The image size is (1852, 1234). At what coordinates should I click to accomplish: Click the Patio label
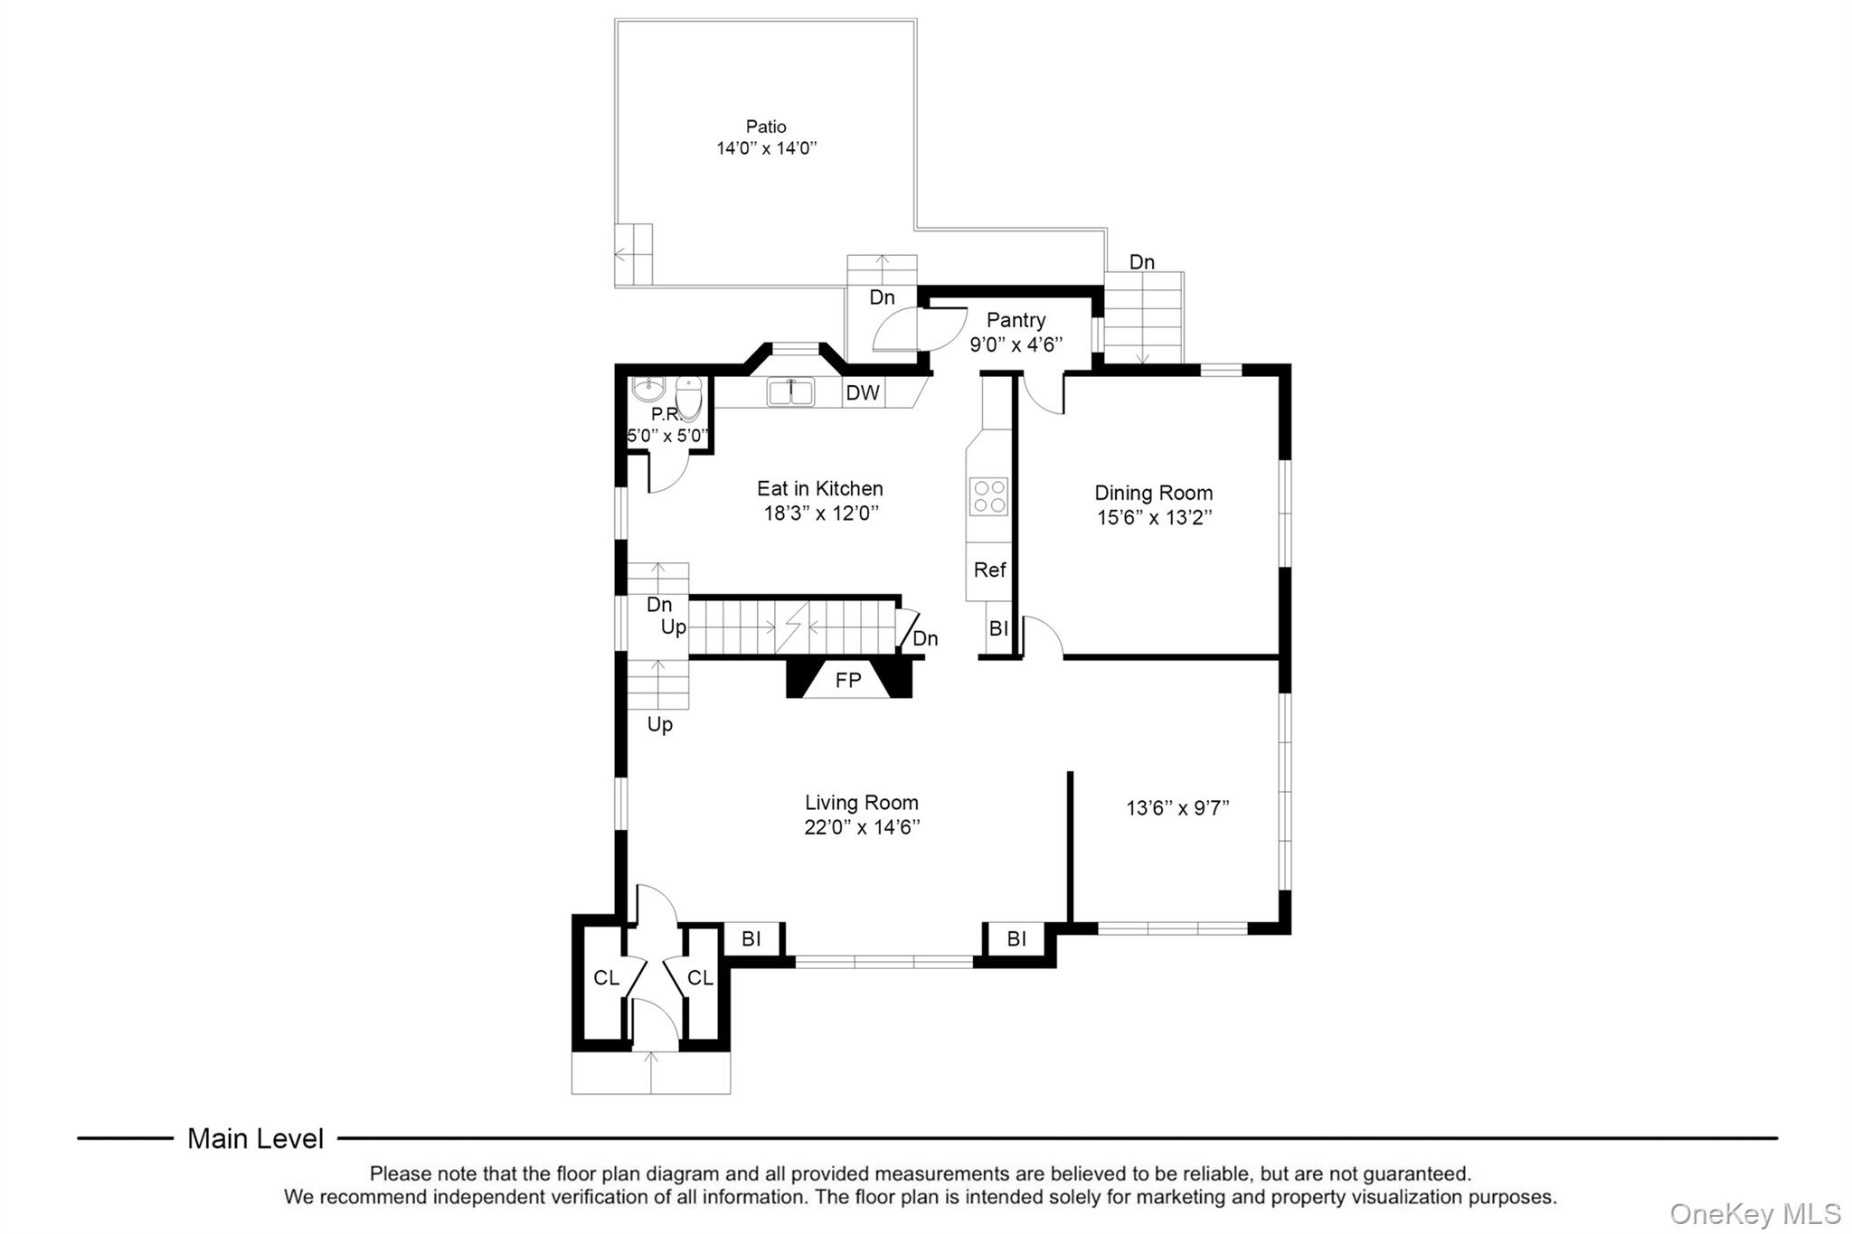click(x=765, y=127)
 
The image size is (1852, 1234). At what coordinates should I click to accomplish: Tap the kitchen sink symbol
click(x=790, y=392)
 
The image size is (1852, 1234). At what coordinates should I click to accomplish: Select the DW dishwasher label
click(x=863, y=393)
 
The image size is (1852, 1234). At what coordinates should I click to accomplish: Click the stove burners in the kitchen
click(x=988, y=496)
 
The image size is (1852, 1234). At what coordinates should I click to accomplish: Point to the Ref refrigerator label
click(x=989, y=570)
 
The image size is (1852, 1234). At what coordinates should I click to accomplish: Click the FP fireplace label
click(x=848, y=681)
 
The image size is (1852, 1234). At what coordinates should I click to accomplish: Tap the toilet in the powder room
click(x=689, y=399)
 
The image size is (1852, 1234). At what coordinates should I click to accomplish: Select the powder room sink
click(x=647, y=390)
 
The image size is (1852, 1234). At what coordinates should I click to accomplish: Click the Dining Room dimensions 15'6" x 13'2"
click(x=1154, y=518)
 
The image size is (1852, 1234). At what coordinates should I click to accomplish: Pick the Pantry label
click(x=1016, y=320)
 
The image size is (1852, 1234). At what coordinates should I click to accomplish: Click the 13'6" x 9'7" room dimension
click(x=1177, y=808)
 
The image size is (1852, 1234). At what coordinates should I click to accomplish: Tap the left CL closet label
click(x=606, y=978)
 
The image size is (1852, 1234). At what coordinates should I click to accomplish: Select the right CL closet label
click(x=700, y=978)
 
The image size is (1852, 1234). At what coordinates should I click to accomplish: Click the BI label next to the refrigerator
click(x=998, y=628)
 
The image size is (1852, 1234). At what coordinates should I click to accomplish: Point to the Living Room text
click(x=861, y=803)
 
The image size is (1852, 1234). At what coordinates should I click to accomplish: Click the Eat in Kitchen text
click(x=819, y=489)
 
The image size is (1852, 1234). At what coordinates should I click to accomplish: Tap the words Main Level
click(x=255, y=1139)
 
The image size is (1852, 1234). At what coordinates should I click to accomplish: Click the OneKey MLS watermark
click(x=1754, y=1213)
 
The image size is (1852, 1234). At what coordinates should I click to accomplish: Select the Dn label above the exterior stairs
click(x=1141, y=262)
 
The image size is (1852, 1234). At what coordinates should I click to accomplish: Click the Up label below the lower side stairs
click(x=659, y=725)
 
